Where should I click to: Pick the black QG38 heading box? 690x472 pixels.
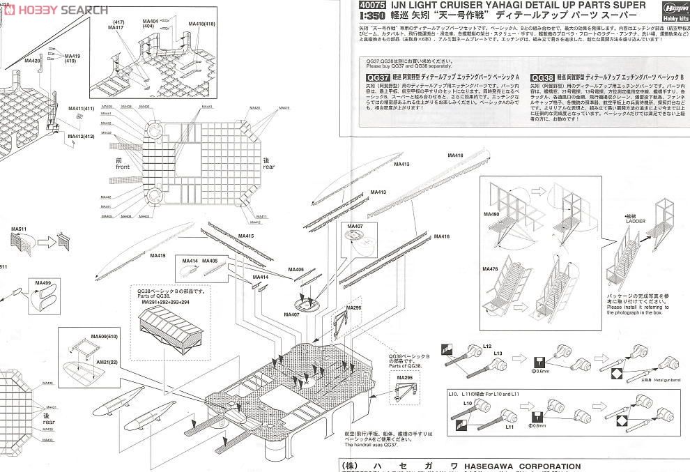542,78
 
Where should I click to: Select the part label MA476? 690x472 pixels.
491,268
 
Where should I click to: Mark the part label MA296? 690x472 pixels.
354,307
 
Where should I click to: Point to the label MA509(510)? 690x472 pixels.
104,337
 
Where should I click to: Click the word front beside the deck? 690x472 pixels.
123,167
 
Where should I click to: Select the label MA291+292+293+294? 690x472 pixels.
165,302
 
